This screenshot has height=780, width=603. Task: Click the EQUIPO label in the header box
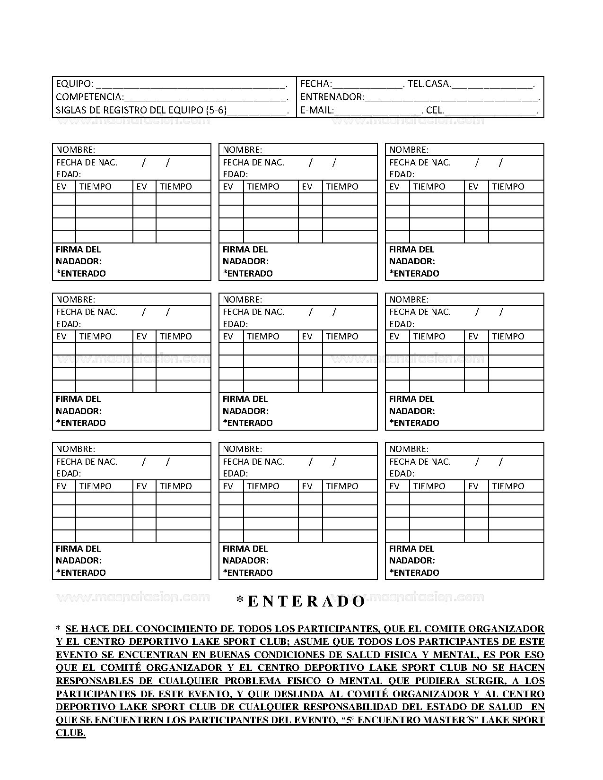point(74,84)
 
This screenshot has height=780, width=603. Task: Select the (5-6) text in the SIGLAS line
point(217,111)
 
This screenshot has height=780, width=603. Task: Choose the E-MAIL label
point(317,111)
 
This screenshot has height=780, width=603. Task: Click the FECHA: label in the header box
point(316,84)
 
